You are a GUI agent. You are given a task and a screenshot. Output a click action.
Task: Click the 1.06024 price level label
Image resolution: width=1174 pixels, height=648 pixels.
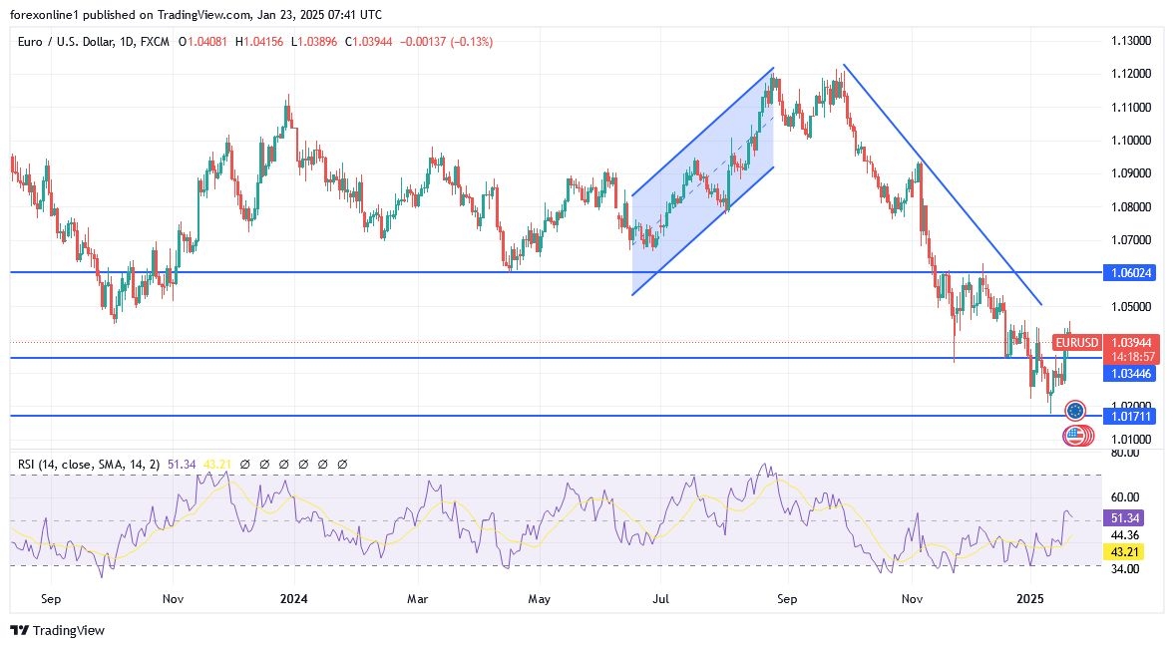1132,272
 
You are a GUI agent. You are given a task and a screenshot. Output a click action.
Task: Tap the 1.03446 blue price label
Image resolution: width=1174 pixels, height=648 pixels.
1132,373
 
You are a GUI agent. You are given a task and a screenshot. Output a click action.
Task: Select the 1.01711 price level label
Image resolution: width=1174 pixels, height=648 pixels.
1132,416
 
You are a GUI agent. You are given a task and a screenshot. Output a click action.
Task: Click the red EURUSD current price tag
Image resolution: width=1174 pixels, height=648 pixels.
1076,343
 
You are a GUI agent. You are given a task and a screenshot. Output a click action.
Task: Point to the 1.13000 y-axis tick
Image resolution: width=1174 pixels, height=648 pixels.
1131,41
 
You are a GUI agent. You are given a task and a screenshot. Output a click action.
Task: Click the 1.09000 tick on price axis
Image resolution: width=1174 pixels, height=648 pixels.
1131,173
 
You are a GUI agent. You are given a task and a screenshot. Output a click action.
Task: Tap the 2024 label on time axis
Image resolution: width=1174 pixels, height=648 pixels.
294,600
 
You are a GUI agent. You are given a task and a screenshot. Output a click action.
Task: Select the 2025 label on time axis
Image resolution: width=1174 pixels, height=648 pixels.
1028,600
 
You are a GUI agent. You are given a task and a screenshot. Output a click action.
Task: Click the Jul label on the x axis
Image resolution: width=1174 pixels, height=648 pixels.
661,600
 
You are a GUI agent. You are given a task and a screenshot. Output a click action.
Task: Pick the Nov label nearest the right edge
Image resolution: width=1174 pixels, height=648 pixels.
911,600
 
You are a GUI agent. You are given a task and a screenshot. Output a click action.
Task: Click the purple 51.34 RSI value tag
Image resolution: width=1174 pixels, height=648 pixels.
1132,518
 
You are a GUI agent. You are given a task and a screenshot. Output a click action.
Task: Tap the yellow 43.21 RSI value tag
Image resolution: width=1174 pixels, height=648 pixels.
1132,551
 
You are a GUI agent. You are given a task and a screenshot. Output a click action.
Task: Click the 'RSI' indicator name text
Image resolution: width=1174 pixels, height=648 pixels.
27,464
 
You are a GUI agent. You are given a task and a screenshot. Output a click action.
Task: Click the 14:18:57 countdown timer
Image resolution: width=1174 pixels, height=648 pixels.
1132,356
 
